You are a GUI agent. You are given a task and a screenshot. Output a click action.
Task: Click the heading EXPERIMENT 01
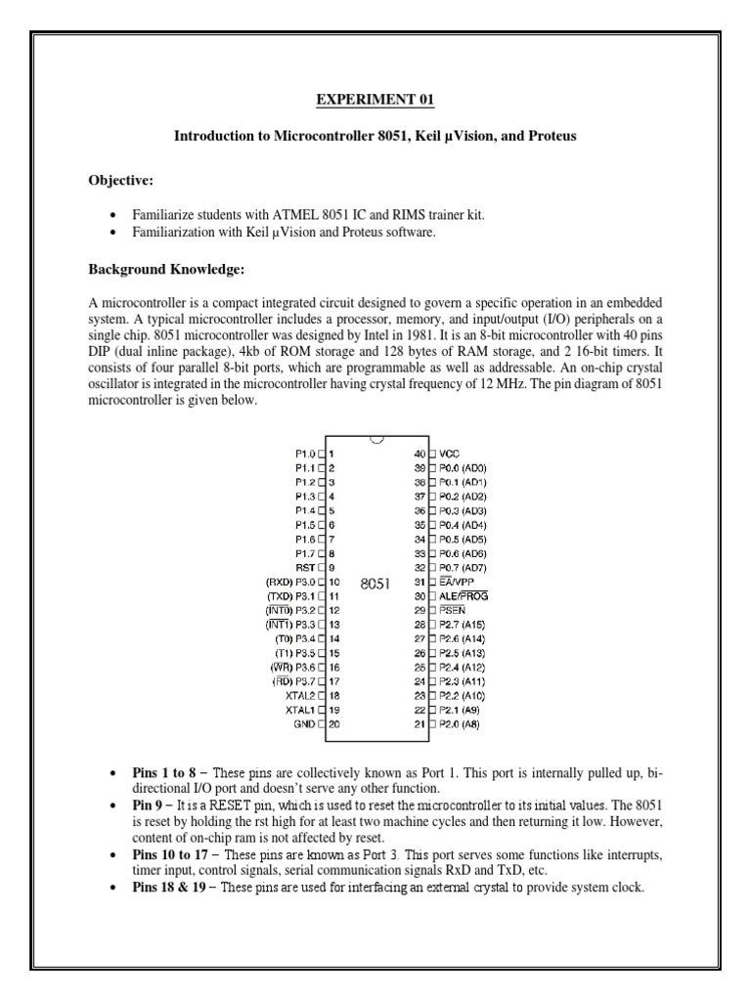(x=375, y=100)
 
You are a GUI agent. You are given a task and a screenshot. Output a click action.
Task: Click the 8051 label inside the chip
(x=375, y=584)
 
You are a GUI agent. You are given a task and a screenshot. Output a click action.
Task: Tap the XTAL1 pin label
(x=299, y=711)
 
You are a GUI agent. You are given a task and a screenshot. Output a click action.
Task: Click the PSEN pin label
(x=454, y=611)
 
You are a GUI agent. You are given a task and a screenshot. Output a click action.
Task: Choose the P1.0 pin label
(x=304, y=454)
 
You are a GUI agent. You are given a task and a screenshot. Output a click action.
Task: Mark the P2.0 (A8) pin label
(x=463, y=725)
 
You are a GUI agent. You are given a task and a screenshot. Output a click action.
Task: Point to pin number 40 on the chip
(x=420, y=454)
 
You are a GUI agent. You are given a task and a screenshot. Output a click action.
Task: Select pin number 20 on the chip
(x=333, y=725)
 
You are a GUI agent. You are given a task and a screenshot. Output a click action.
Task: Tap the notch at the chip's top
(x=375, y=446)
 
